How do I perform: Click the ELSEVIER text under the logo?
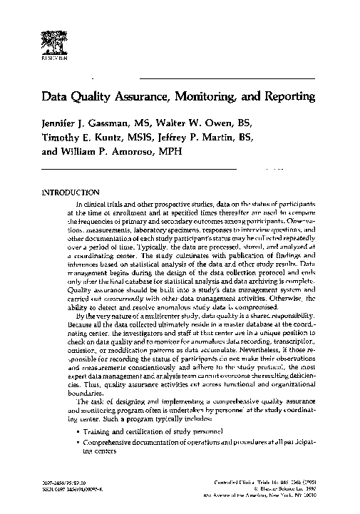click(x=52, y=61)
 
